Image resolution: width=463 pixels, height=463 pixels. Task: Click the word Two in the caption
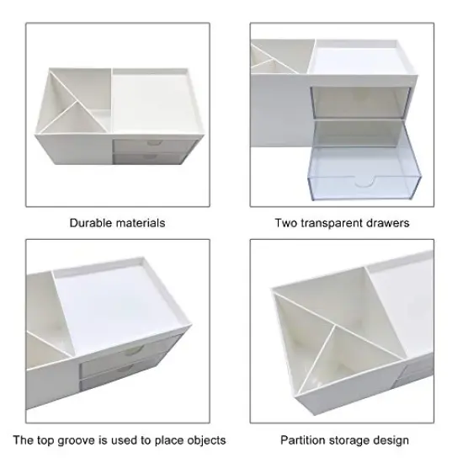click(286, 223)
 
